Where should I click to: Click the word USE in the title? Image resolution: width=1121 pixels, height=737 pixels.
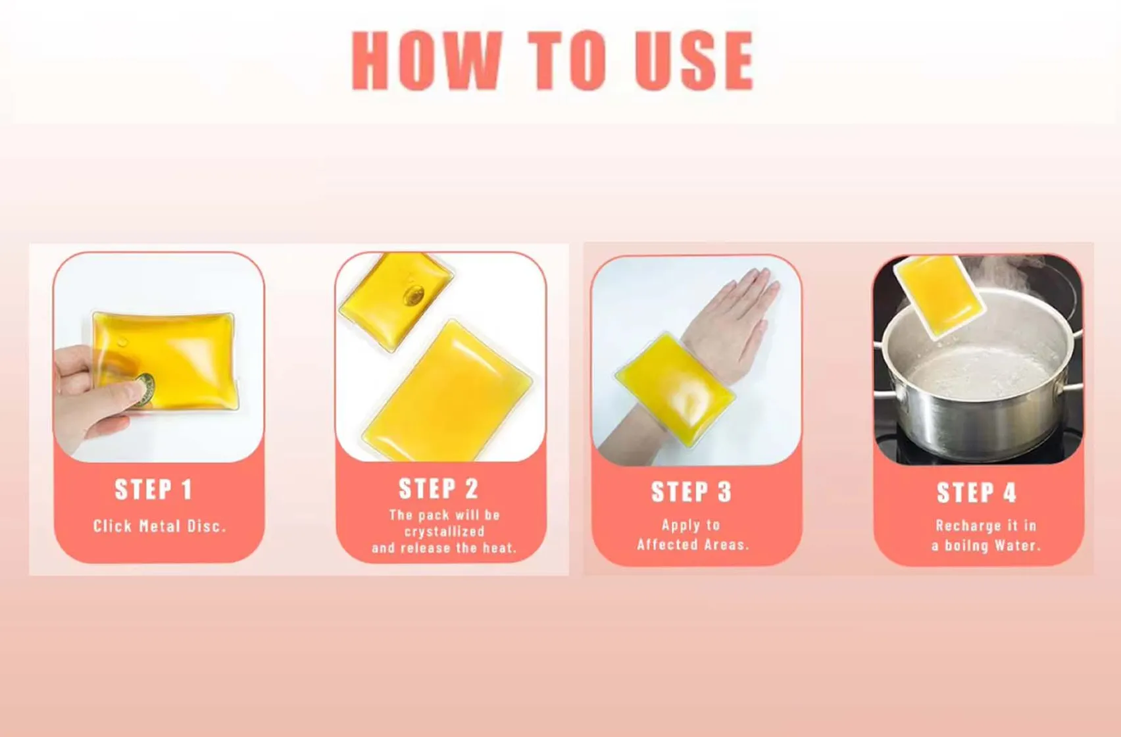(695, 60)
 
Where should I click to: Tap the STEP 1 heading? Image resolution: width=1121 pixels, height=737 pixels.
(153, 490)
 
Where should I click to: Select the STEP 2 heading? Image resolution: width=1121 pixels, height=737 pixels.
(438, 489)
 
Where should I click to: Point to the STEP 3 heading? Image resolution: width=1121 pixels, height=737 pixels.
(691, 492)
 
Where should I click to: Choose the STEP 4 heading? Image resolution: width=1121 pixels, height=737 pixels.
(976, 493)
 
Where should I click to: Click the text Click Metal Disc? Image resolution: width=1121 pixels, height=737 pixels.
(159, 526)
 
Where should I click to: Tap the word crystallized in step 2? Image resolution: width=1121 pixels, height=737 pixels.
(444, 532)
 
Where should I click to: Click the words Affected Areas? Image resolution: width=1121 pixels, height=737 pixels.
(693, 545)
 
